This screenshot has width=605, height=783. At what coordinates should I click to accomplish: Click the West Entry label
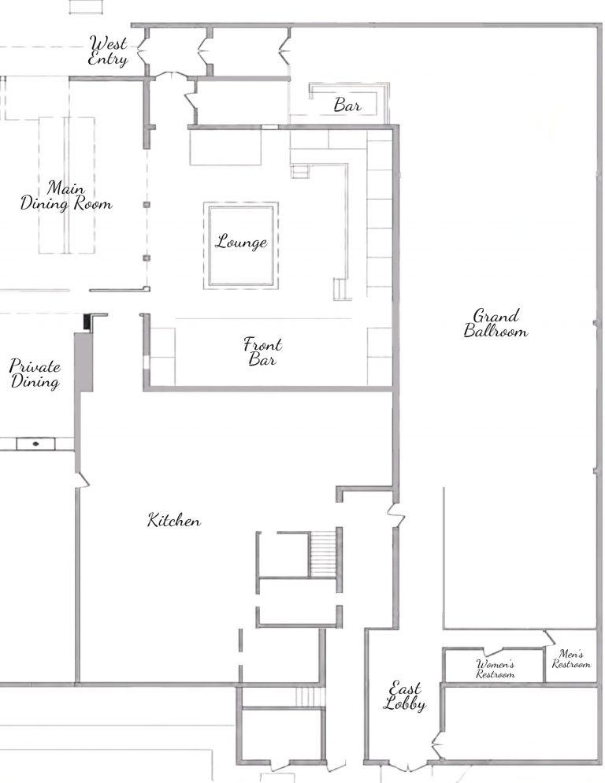click(x=108, y=50)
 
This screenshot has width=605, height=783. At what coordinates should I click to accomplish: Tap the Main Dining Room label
click(x=66, y=195)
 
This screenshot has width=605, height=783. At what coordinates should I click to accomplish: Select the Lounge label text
click(x=241, y=242)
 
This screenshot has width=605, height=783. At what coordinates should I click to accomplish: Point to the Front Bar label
click(x=263, y=351)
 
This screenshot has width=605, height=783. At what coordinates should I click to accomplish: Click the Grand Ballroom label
click(x=495, y=323)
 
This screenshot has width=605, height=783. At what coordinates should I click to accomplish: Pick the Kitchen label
click(x=174, y=520)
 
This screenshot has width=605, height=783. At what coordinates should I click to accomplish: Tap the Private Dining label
click(x=35, y=373)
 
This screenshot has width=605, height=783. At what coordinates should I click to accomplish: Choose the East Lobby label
click(x=405, y=696)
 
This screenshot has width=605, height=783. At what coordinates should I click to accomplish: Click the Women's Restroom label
click(x=495, y=669)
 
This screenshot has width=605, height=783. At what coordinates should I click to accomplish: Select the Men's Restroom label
click(x=571, y=659)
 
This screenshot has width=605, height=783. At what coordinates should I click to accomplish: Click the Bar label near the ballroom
click(x=347, y=105)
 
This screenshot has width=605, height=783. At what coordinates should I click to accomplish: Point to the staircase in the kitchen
click(x=323, y=554)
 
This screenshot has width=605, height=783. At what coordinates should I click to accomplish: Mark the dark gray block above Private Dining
click(x=84, y=361)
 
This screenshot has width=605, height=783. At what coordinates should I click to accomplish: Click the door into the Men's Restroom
click(x=550, y=637)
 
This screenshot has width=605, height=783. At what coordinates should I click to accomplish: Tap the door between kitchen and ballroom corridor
click(x=397, y=515)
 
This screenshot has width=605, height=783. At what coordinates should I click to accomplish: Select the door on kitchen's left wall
click(x=83, y=480)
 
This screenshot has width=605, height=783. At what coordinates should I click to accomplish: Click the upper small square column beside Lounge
click(x=147, y=205)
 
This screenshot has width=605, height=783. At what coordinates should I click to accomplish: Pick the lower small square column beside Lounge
click(x=147, y=258)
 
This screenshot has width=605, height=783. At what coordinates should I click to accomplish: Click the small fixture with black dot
click(x=36, y=443)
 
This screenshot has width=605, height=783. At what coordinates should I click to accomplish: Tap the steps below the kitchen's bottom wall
click(x=310, y=697)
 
